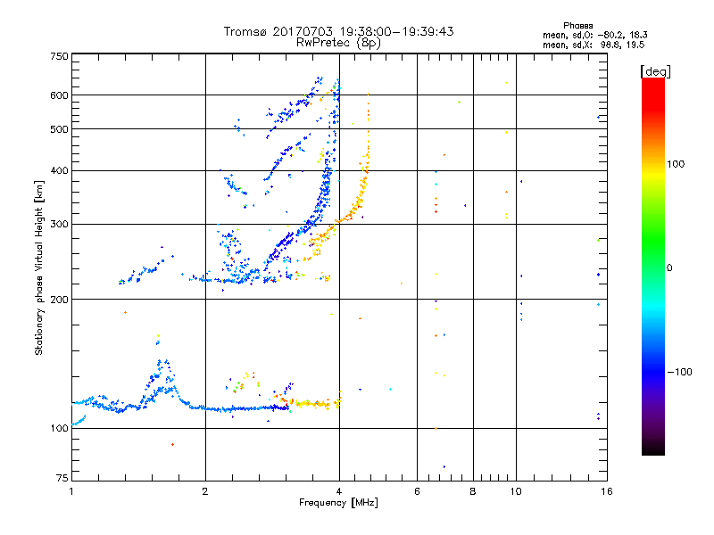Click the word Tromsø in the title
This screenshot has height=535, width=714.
[245, 31]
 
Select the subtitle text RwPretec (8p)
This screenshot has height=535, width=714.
[340, 42]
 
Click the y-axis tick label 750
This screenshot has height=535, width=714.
[59, 56]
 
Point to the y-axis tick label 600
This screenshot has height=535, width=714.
[59, 95]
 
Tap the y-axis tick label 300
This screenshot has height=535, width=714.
[59, 224]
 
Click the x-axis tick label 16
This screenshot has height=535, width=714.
[606, 491]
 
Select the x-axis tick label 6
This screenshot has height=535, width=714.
[416, 491]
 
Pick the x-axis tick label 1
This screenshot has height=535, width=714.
[71, 491]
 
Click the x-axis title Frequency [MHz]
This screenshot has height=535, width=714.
[338, 503]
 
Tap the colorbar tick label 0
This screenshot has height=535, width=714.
[669, 267]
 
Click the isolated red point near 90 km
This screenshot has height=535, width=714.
[172, 444]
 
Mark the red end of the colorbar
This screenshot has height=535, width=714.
[652, 82]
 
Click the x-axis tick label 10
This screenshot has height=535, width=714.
[515, 491]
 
